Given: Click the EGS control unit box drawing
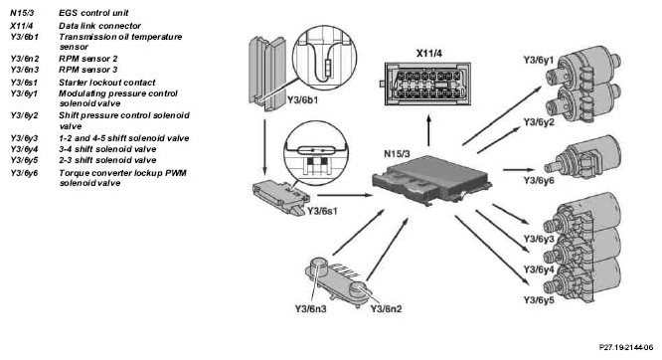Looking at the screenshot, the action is click(x=431, y=181).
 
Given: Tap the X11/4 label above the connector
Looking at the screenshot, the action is click(x=429, y=54).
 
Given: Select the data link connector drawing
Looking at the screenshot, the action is click(x=426, y=84).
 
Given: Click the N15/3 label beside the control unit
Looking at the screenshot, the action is click(x=397, y=154).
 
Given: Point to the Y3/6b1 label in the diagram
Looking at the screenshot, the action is click(x=303, y=100).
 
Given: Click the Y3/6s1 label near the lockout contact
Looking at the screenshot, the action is click(x=322, y=211).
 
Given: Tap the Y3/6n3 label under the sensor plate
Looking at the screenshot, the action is click(x=311, y=309).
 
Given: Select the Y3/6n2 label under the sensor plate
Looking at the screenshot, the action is click(x=387, y=309).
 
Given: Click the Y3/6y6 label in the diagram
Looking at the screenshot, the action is click(x=539, y=180).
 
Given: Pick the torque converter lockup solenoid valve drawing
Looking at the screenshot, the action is click(x=582, y=158).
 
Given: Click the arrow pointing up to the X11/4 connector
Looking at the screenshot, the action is click(x=429, y=130).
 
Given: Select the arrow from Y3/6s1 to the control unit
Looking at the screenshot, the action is click(x=345, y=195).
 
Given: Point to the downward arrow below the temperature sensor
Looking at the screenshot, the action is click(x=264, y=147).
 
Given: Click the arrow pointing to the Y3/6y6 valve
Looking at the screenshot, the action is click(x=519, y=170).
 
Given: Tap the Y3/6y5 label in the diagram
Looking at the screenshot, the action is click(x=539, y=300).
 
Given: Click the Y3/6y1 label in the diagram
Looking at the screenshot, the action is click(x=539, y=60).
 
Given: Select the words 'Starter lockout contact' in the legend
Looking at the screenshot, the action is click(x=106, y=83).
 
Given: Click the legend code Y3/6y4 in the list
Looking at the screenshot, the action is click(x=24, y=149).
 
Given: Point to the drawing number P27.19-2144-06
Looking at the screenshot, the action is click(x=626, y=347).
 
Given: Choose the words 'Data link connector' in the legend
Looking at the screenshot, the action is click(x=99, y=26).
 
